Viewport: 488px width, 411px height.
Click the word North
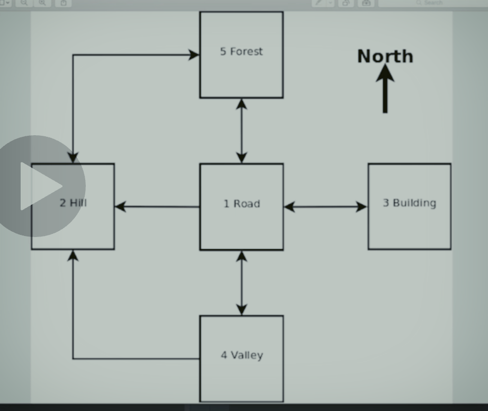click(385, 56)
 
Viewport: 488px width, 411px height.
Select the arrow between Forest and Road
click(241, 130)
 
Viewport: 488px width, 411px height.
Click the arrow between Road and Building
click(326, 207)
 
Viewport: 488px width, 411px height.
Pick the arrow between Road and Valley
click(241, 283)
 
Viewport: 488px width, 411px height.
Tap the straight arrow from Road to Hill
click(157, 206)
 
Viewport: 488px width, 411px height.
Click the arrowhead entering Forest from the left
click(194, 55)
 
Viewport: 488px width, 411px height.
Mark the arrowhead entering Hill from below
click(73, 256)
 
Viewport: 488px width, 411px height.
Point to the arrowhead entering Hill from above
click(73, 157)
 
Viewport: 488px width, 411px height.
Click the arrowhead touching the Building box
click(362, 207)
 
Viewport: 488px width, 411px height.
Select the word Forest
click(246, 51)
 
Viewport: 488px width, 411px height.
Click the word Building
click(414, 203)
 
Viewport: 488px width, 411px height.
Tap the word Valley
click(247, 355)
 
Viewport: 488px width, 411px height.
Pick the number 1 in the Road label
click(226, 204)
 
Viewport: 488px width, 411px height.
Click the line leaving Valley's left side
click(136, 359)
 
